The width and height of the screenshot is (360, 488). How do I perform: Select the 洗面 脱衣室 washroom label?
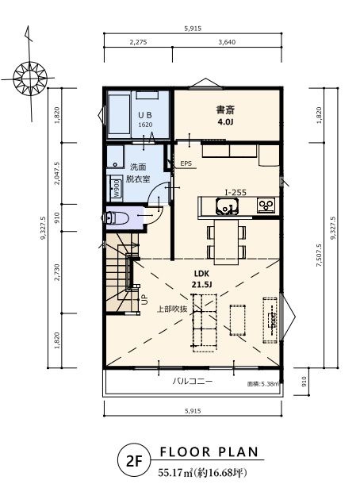[x=138, y=173]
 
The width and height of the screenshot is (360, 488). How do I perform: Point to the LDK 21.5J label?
[x=201, y=279]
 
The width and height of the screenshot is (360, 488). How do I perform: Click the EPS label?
[x=186, y=163]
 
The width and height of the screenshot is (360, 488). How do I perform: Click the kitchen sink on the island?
[x=228, y=206]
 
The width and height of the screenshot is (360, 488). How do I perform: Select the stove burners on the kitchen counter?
[x=266, y=206]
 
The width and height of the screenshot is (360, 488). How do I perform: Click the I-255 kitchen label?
[x=236, y=192]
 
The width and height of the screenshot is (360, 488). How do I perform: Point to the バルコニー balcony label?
[x=193, y=381]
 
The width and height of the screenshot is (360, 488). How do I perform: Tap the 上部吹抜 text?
[x=172, y=309]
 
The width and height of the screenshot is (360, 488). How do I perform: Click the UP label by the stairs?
[x=145, y=299]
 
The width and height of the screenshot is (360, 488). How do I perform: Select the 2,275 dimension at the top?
[x=138, y=42]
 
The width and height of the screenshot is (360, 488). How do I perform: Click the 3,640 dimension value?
[x=227, y=42]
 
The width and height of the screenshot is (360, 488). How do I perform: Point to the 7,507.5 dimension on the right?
[x=319, y=256]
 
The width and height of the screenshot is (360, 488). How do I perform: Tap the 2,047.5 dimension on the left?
[x=57, y=173]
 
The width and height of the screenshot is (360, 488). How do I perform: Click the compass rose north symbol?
[x=30, y=77]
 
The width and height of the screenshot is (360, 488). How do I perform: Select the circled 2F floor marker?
[x=134, y=460]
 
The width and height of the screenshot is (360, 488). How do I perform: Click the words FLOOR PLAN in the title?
[x=209, y=452]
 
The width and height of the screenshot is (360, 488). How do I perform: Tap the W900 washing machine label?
[x=117, y=188]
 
